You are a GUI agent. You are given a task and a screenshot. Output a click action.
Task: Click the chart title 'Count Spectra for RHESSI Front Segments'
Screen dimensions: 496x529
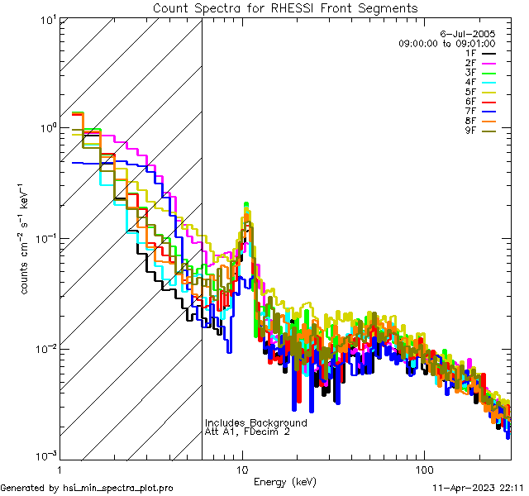[285, 8]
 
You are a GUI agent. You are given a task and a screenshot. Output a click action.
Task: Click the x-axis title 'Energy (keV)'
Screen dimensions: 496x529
[285, 482]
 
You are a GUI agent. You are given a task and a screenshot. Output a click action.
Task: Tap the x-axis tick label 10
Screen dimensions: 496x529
[242, 469]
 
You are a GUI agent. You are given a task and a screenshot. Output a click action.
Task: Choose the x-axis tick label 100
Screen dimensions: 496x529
[423, 469]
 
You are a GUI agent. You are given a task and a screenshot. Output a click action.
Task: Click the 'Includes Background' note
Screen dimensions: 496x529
[256, 422]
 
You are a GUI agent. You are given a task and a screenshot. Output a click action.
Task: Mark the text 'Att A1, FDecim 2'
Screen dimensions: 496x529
[248, 432]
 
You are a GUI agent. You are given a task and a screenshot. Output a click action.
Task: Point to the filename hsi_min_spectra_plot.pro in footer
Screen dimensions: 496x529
[117, 488]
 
